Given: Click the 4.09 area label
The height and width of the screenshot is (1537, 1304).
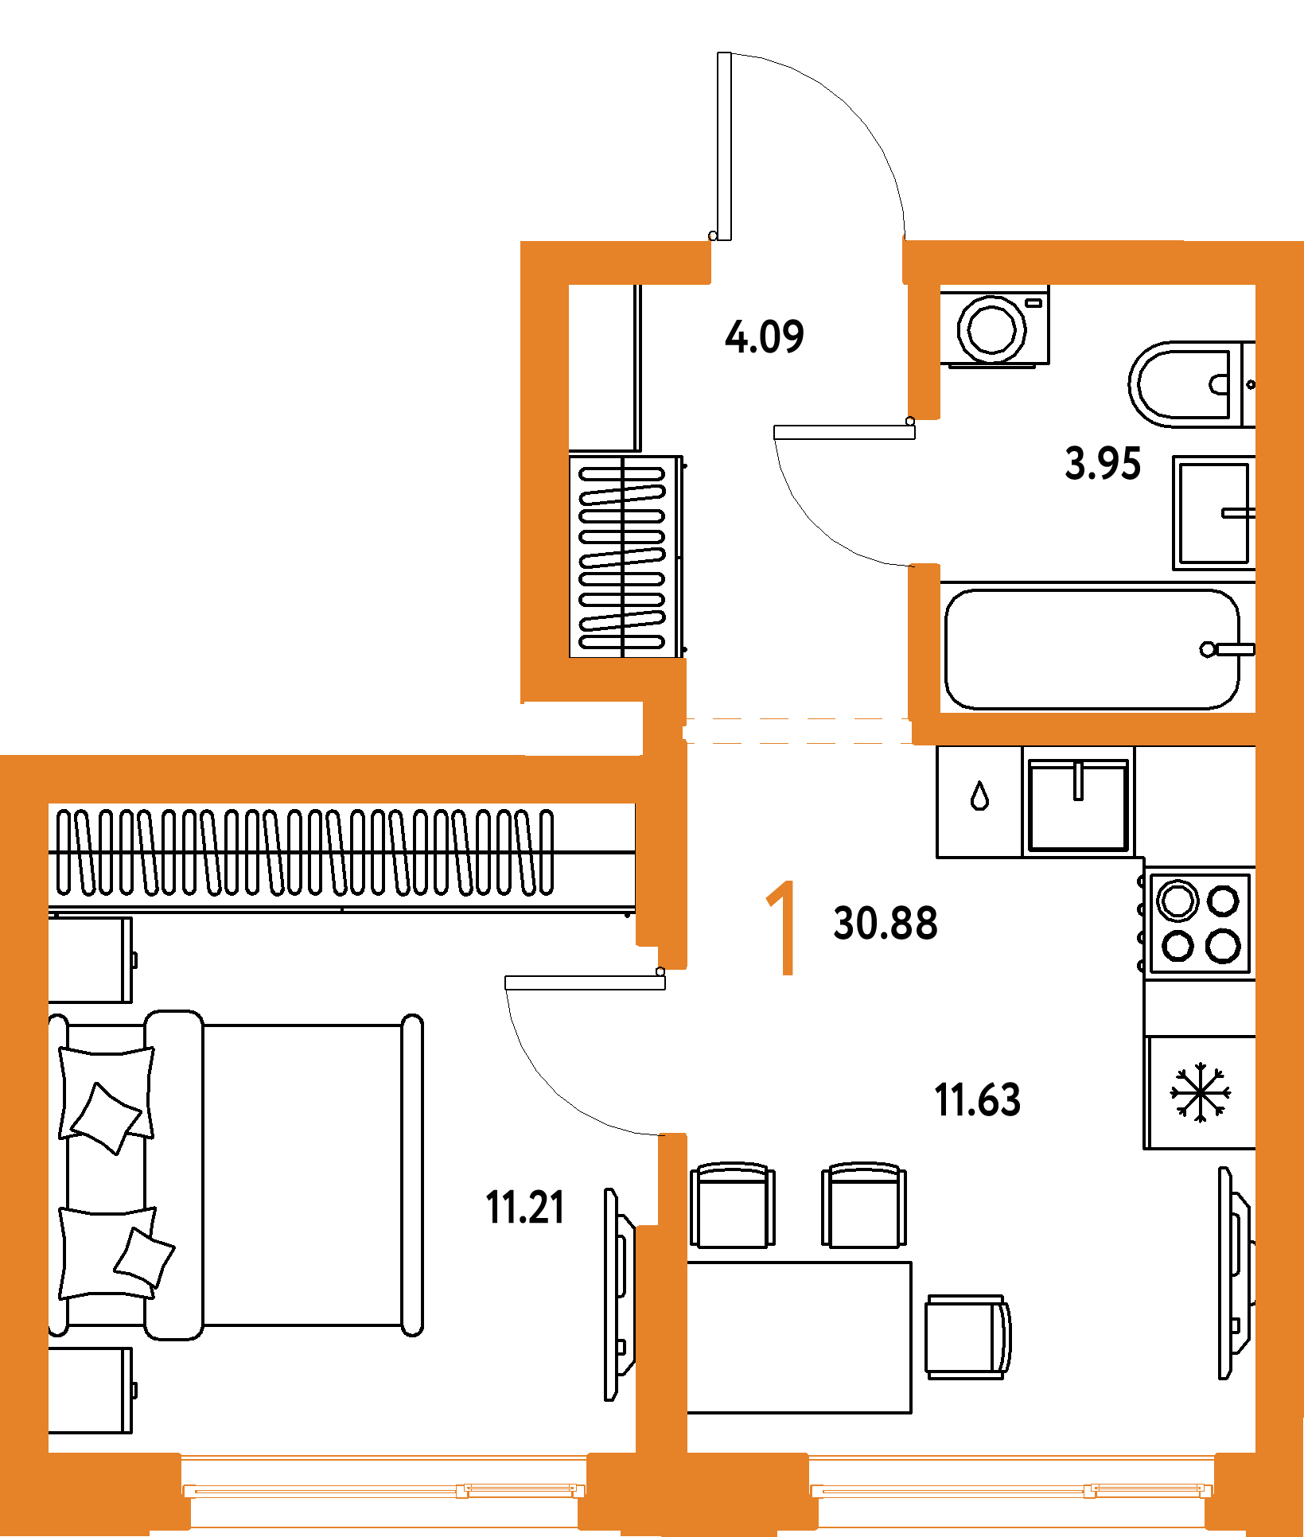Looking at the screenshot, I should [764, 336].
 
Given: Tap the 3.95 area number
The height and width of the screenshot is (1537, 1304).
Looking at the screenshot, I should [1103, 463].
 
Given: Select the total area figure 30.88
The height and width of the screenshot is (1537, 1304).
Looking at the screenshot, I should [885, 923].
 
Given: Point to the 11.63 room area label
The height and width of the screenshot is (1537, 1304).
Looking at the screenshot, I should [977, 1099].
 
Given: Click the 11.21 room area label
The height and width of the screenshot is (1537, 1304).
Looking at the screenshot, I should [525, 1207].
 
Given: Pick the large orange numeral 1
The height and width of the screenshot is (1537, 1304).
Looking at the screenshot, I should [783, 928].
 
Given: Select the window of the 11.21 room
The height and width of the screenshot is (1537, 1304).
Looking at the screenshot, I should [383, 1489].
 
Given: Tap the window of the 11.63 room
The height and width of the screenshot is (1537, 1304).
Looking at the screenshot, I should [1010, 1489].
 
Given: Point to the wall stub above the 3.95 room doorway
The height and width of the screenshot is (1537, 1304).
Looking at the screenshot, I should [924, 350].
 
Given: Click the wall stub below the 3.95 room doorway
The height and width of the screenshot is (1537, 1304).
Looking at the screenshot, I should [924, 636].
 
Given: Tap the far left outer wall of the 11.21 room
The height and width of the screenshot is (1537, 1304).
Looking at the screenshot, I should [24, 1114].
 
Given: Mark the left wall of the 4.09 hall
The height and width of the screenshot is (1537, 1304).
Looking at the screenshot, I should [544, 469].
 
